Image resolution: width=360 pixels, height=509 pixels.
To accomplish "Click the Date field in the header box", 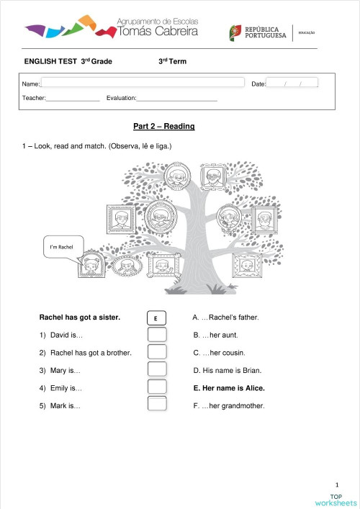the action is coord(292,84).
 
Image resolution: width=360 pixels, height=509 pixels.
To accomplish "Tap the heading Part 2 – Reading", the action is coord(164,126).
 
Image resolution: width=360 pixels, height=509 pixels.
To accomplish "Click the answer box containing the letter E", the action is coord(156,317).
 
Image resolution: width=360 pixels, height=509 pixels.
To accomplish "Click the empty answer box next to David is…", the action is coord(156,335).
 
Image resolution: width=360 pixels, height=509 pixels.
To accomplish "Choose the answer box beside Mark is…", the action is coord(156,405).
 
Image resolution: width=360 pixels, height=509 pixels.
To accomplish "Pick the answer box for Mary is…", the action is coord(156,370).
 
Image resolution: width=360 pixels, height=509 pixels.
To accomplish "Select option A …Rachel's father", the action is coord(225,317).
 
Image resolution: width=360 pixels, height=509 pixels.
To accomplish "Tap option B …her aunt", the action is coord(215,335).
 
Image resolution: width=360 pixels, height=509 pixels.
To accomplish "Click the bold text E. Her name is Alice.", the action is coord(229,388).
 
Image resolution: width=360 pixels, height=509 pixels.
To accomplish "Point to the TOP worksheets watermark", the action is coord(336,499).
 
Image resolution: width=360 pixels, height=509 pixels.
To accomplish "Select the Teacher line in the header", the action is coord(72,98).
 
